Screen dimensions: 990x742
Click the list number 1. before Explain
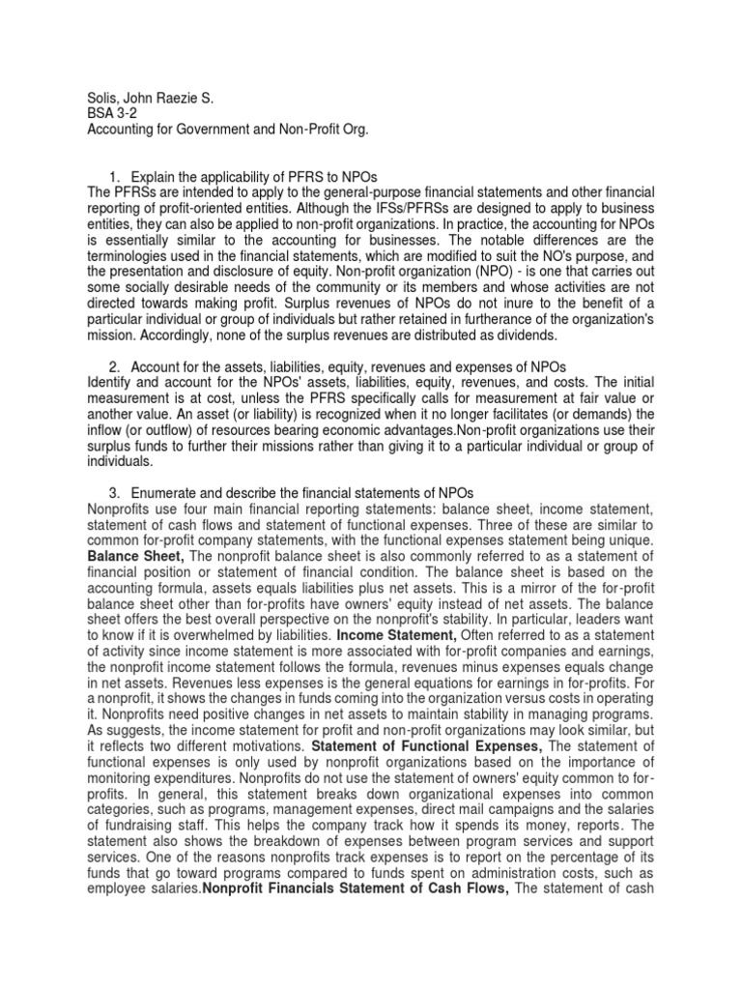(115, 176)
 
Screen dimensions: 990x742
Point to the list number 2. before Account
(115, 366)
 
